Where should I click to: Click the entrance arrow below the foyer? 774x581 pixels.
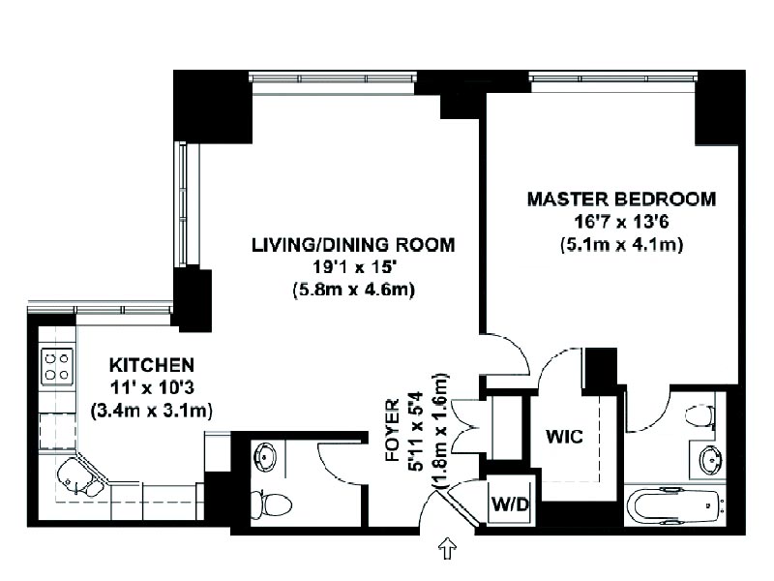447,548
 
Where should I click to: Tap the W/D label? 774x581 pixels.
510,504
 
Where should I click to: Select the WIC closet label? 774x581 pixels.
564,437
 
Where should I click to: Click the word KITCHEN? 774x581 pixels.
152,365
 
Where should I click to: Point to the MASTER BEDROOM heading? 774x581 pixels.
621,199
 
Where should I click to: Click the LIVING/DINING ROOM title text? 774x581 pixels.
353,245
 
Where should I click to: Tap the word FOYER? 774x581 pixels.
393,430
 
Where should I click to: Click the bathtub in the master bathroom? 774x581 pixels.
674,506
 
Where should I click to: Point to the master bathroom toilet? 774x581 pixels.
700,415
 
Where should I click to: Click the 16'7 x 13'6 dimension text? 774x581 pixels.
621,222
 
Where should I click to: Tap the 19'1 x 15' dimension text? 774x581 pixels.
353,267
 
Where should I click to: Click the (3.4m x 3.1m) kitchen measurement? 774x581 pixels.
152,410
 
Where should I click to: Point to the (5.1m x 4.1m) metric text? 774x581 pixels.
621,245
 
